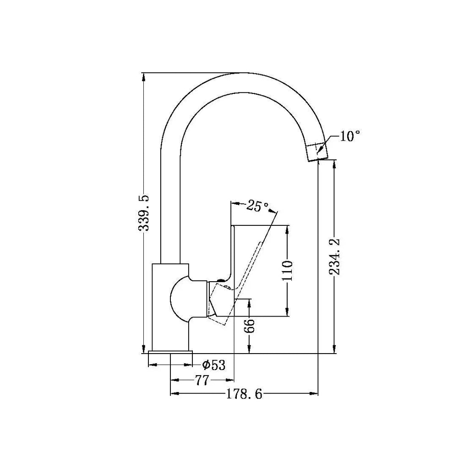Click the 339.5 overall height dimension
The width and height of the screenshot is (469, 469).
144,213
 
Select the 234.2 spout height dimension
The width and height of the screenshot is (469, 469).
334,256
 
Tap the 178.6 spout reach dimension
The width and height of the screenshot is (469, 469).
244,394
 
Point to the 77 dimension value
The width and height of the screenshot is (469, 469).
202,380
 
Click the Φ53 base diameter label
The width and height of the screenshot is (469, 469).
213,365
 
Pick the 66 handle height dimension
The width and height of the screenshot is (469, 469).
249,326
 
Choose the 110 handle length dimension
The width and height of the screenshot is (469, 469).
288,270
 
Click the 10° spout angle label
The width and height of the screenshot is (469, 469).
349,136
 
